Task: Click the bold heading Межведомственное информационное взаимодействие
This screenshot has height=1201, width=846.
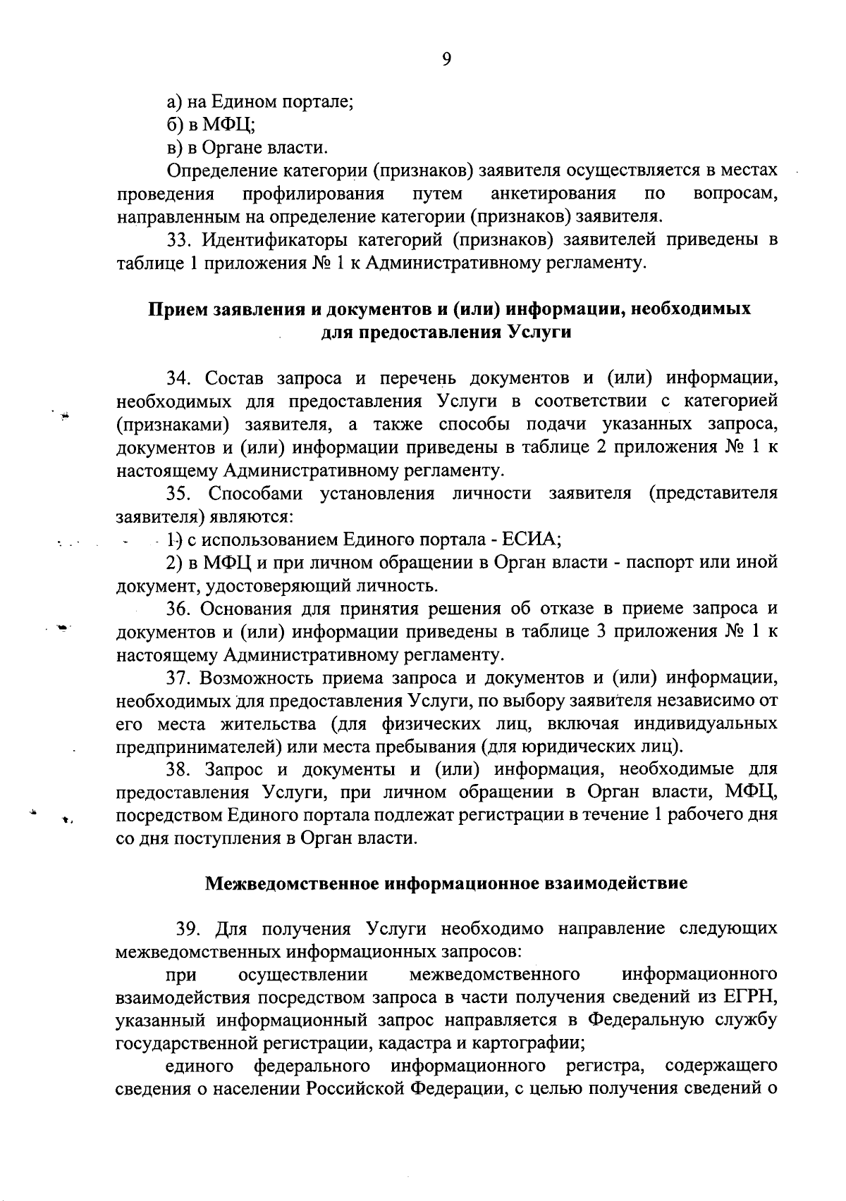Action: (446, 883)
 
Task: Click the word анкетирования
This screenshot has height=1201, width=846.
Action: (553, 194)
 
